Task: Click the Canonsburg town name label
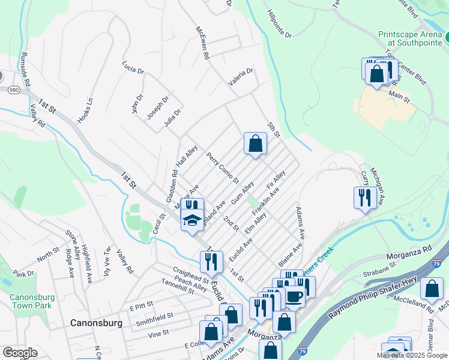click(x=96, y=323)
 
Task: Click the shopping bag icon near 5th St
click(x=255, y=144)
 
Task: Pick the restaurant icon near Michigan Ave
click(x=365, y=198)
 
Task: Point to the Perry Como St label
click(x=222, y=168)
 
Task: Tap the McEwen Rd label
click(x=202, y=42)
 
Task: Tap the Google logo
click(x=20, y=353)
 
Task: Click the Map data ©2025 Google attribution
click(x=412, y=355)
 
